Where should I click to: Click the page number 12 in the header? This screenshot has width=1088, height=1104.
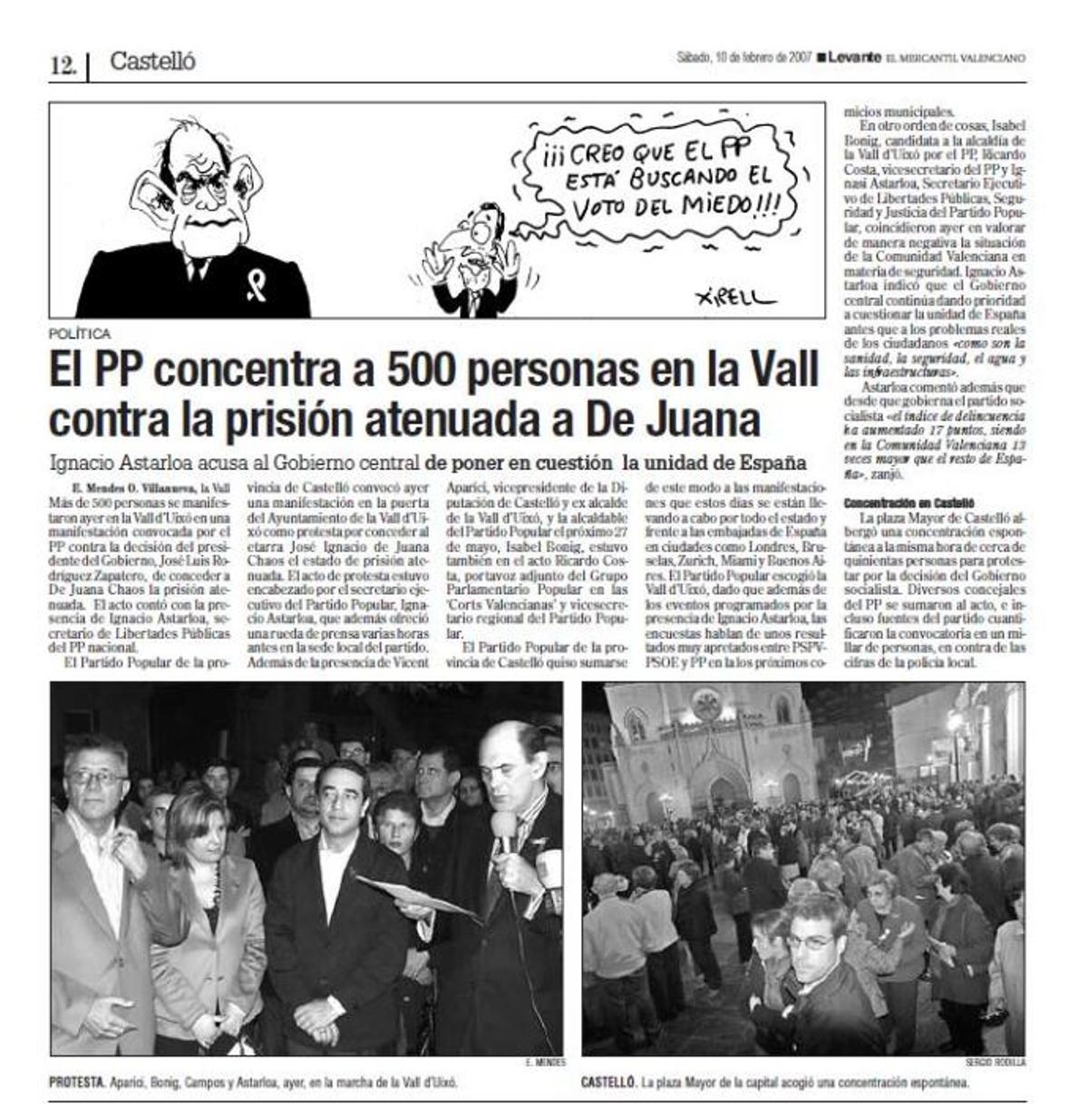pos(63,65)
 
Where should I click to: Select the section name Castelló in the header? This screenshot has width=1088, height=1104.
pos(152,62)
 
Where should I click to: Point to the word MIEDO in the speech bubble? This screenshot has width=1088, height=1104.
pos(720,203)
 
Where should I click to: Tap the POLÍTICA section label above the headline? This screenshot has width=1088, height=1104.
pos(81,334)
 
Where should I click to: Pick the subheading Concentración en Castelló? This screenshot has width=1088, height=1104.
pos(908,502)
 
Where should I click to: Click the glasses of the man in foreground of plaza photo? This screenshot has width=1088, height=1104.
pos(810,942)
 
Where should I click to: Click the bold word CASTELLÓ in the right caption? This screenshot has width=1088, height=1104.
pos(608,1082)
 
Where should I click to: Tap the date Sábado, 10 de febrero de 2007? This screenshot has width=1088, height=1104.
pos(743,57)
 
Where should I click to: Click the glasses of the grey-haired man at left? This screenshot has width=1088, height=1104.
pos(93,777)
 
